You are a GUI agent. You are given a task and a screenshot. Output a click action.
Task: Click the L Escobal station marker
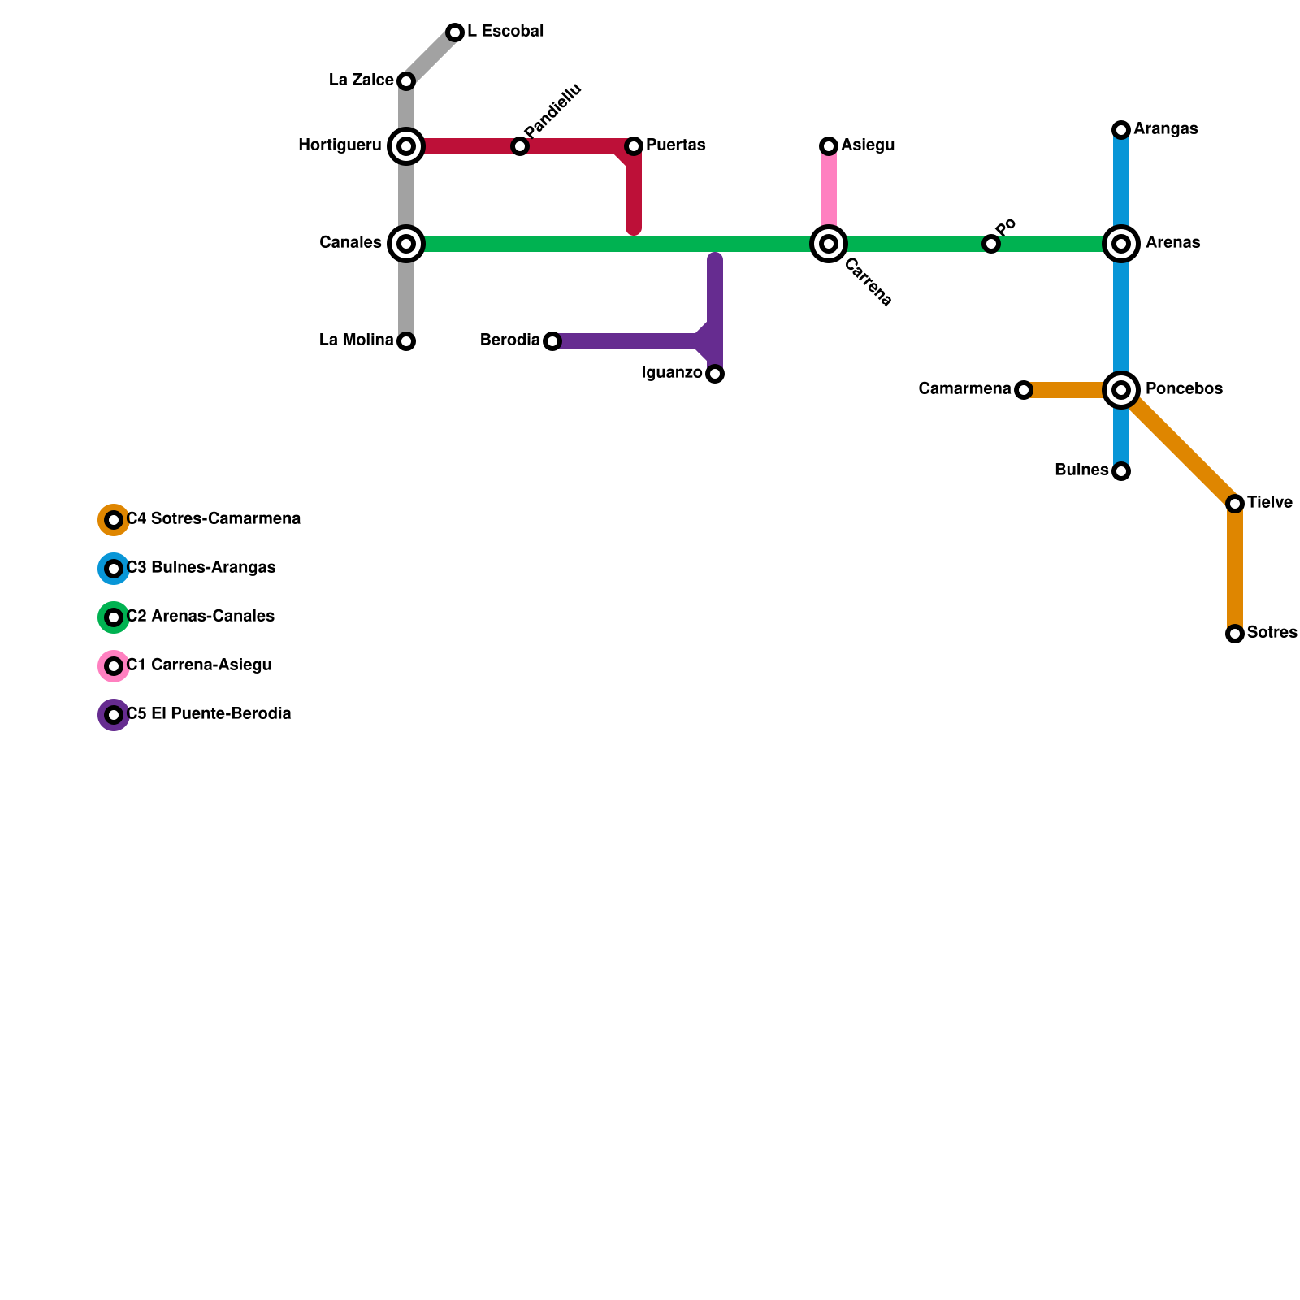pos(455,32)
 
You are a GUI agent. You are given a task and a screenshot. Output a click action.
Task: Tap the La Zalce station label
pos(361,80)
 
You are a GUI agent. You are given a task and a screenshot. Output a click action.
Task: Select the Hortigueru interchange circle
pos(406,146)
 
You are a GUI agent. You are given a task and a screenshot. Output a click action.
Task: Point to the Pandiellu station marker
pos(520,146)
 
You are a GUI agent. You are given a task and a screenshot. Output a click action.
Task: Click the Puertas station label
pos(675,145)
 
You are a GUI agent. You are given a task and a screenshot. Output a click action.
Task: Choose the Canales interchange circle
pos(406,244)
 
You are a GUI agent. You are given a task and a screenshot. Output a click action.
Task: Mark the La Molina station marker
pos(406,341)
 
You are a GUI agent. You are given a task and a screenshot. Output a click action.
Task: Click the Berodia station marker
pos(552,341)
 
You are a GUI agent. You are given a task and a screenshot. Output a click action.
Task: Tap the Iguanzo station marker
pos(715,374)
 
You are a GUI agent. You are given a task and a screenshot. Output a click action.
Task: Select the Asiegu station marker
pos(829,146)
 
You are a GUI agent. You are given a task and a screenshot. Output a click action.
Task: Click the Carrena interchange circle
pos(829,244)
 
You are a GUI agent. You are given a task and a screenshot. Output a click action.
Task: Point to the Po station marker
pos(991,244)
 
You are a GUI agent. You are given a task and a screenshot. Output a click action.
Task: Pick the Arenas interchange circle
pos(1121,244)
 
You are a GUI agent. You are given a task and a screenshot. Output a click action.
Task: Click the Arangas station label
pos(1165,129)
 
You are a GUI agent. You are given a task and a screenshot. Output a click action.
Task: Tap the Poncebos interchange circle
pos(1121,390)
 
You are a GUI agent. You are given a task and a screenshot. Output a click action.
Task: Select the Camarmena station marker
pos(1024,390)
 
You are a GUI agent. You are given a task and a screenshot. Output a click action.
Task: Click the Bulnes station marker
pos(1121,471)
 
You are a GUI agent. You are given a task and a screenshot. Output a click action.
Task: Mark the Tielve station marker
pos(1235,504)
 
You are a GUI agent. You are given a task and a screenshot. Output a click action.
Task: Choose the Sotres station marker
pos(1235,634)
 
